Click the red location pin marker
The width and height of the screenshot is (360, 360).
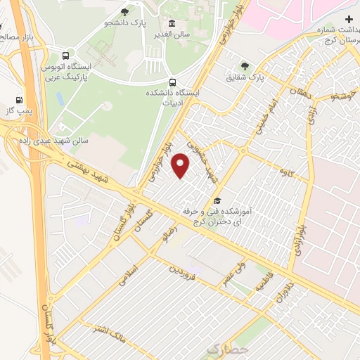(181, 166)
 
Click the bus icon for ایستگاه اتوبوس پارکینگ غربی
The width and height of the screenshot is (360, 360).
(65, 55)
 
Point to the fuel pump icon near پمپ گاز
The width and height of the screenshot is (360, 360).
(18, 99)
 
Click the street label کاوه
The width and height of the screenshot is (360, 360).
(285, 171)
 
